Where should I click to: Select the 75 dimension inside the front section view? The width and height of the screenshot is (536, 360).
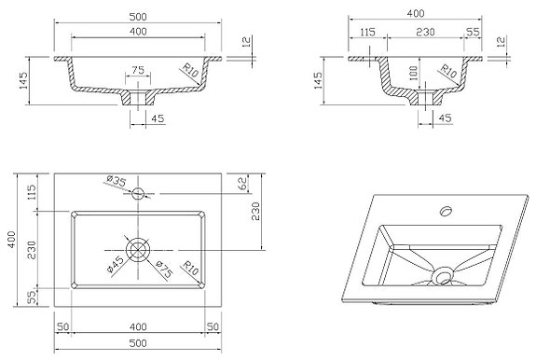(x=137, y=69)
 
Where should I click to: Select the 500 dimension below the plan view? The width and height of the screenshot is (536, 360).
(x=138, y=345)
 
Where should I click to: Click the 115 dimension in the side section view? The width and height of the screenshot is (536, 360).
(x=367, y=32)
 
